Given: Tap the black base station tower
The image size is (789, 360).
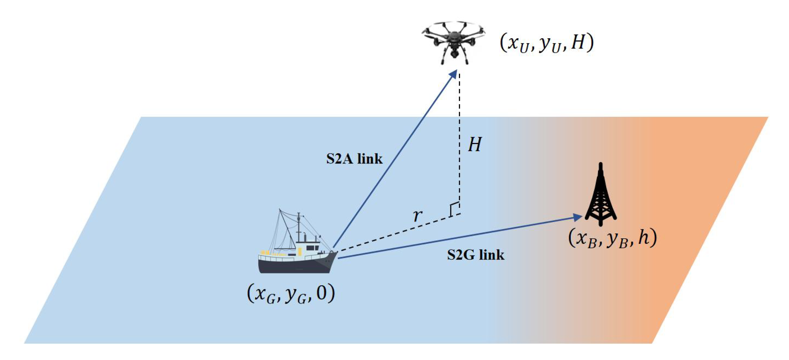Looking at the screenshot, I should click(x=601, y=196).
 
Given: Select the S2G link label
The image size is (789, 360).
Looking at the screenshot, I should click(x=475, y=255).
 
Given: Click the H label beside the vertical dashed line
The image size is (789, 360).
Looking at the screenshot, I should click(x=475, y=145).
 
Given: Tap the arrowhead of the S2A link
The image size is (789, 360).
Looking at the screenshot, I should click(x=453, y=75).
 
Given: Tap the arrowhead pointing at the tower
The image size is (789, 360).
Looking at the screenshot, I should click(x=578, y=217).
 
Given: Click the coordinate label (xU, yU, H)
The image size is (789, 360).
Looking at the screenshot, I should click(x=547, y=43).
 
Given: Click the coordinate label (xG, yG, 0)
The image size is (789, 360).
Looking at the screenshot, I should click(x=291, y=294).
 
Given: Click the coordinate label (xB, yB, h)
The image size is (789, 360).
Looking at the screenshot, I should click(x=613, y=238).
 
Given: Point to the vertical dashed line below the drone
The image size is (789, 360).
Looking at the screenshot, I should click(x=459, y=138).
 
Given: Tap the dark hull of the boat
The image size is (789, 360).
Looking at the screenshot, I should click(x=294, y=266).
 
